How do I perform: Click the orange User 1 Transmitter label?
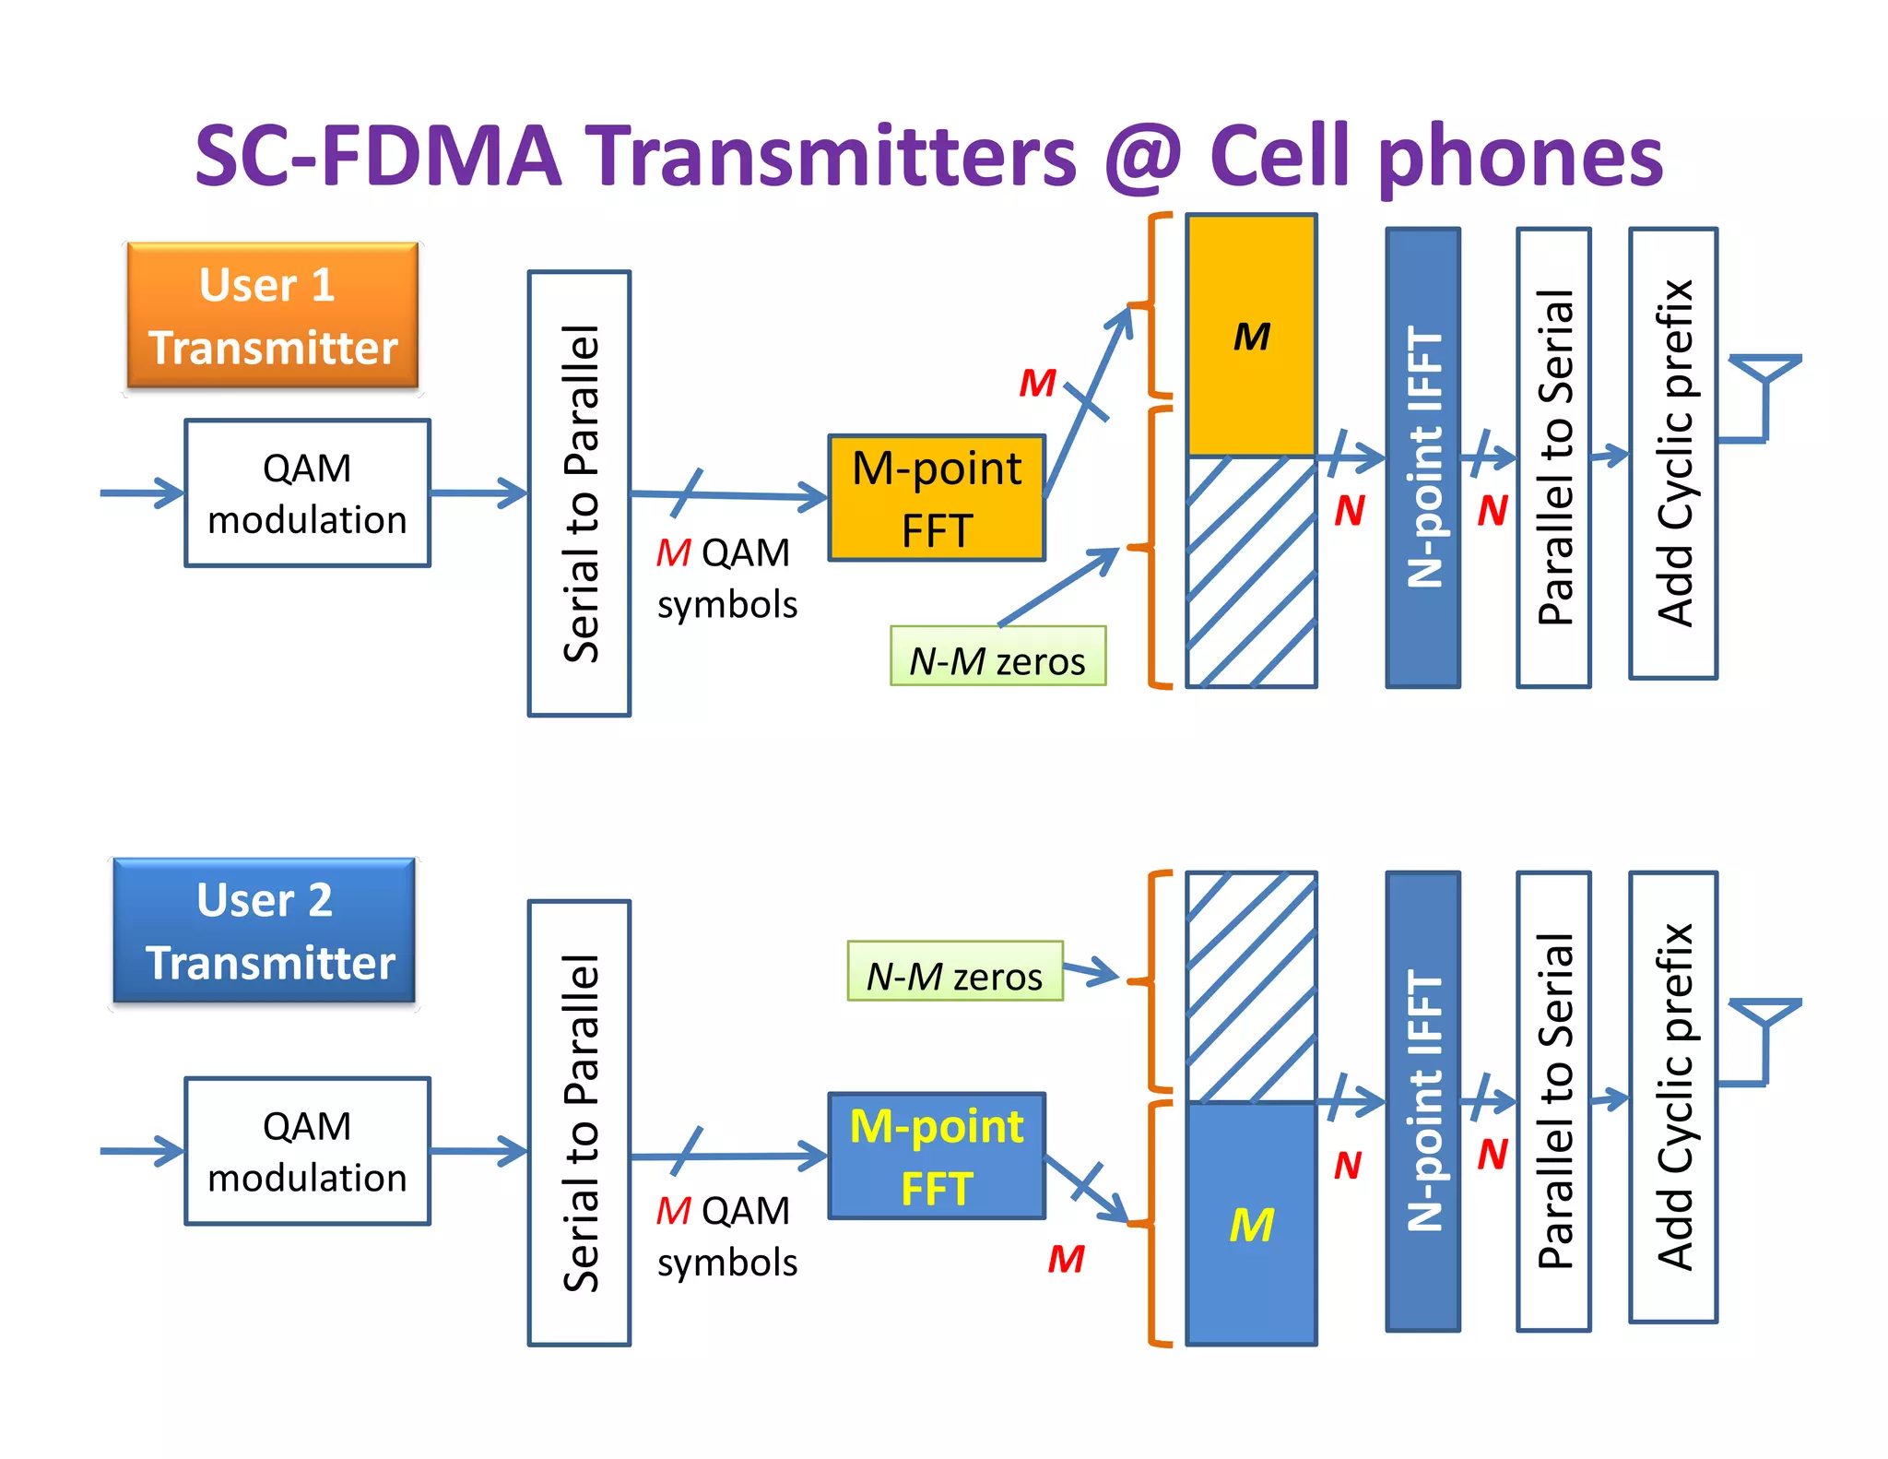pos(273,316)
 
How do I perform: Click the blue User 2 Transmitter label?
pos(265,931)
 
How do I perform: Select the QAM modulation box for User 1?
pos(307,493)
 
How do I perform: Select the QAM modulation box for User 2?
pos(307,1151)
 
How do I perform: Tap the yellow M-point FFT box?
pos(937,498)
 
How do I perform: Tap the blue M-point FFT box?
pos(937,1157)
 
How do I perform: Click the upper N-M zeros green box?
pos(997,657)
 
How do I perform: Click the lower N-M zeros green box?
pos(955,971)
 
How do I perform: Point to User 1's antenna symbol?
pos(1765,387)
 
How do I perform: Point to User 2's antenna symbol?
pos(1765,1031)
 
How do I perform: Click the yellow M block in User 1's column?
pos(1251,336)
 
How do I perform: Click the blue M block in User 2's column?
pos(1251,1224)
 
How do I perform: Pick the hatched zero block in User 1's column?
pos(1251,572)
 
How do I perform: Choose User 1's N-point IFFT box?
pos(1422,457)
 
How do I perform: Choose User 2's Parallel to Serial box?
pos(1553,1101)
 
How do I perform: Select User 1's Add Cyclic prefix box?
pos(1673,454)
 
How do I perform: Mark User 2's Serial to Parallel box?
pos(579,1123)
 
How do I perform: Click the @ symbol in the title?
pos(1143,157)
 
